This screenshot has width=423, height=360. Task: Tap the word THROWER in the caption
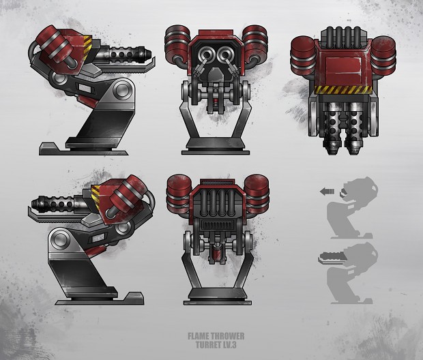(x=227, y=336)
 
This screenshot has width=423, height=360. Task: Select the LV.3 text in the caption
(x=229, y=344)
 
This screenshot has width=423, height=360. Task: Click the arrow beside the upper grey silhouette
(x=327, y=192)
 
